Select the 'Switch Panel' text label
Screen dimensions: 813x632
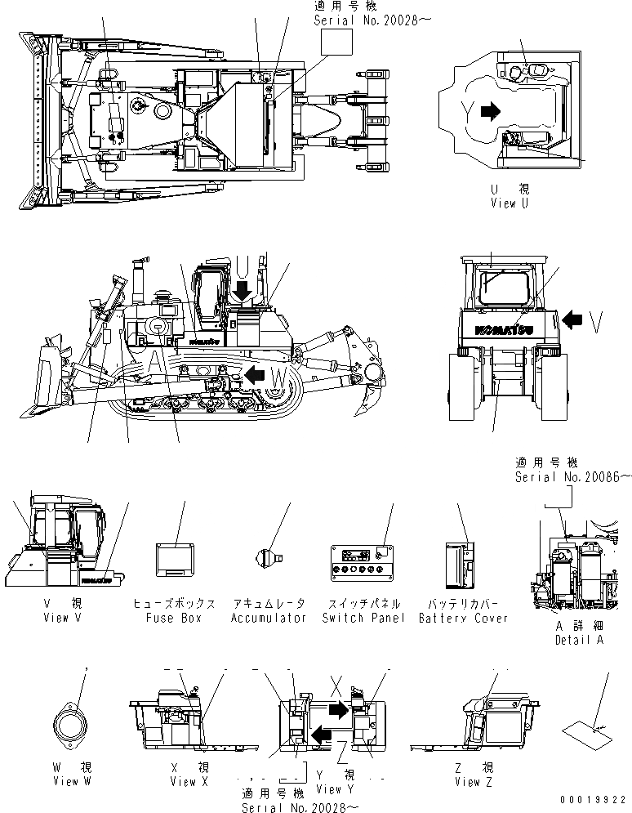coord(363,619)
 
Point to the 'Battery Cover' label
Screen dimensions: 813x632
coord(463,619)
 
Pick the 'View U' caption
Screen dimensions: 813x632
coord(514,203)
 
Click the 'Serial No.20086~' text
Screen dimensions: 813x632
coord(572,476)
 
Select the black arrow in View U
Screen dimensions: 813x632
coord(492,111)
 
